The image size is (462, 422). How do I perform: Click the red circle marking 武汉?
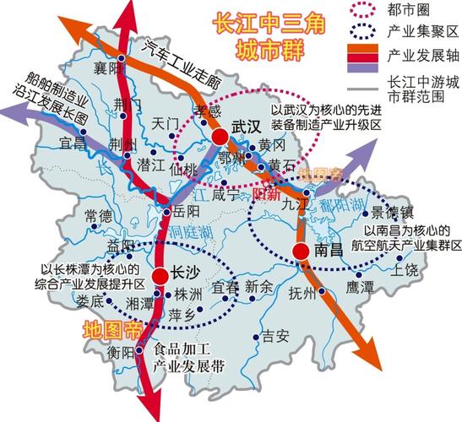[220, 137]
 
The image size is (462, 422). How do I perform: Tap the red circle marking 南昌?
[301, 251]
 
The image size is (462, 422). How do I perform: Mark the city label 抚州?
[302, 295]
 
